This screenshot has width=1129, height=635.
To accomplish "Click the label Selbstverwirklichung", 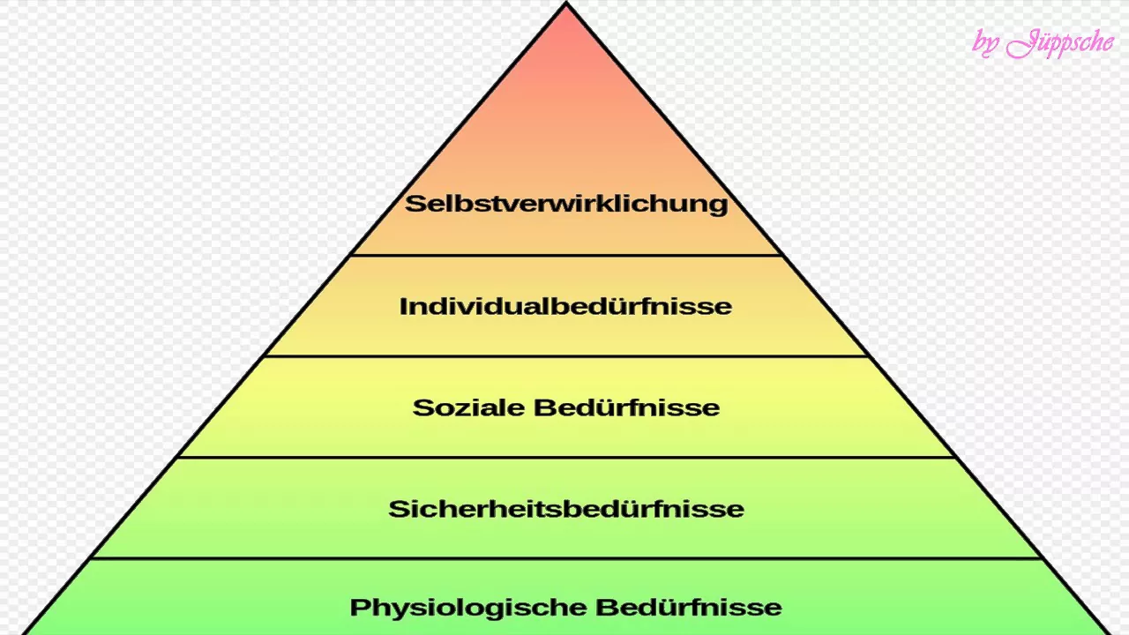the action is tap(566, 204).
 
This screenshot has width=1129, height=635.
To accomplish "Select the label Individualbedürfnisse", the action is tap(565, 306).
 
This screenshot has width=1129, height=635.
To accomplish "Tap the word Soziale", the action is tap(468, 407).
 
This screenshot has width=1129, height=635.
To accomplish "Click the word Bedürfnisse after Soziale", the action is tap(626, 407).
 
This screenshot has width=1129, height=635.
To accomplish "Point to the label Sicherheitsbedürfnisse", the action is tap(566, 509).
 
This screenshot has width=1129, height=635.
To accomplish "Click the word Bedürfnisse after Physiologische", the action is tap(689, 608).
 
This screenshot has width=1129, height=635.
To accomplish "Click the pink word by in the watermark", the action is tap(985, 44).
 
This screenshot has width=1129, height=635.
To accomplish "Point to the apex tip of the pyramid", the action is tap(566, 3).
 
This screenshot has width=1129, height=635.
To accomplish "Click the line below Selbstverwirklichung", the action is tap(566, 256).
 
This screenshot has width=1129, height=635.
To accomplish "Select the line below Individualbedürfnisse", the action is tap(565, 356).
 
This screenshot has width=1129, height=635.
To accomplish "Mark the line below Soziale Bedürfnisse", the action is tap(565, 457).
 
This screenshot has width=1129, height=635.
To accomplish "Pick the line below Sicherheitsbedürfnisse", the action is tap(565, 558).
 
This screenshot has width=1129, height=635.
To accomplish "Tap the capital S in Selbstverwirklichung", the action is tap(415, 204).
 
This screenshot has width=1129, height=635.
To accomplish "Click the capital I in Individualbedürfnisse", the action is tap(403, 306).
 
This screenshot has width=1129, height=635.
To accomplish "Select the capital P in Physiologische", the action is tap(359, 608).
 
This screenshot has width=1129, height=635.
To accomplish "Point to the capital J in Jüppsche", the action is tap(1021, 44).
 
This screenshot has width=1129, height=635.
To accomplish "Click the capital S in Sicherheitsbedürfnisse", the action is tap(398, 509).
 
